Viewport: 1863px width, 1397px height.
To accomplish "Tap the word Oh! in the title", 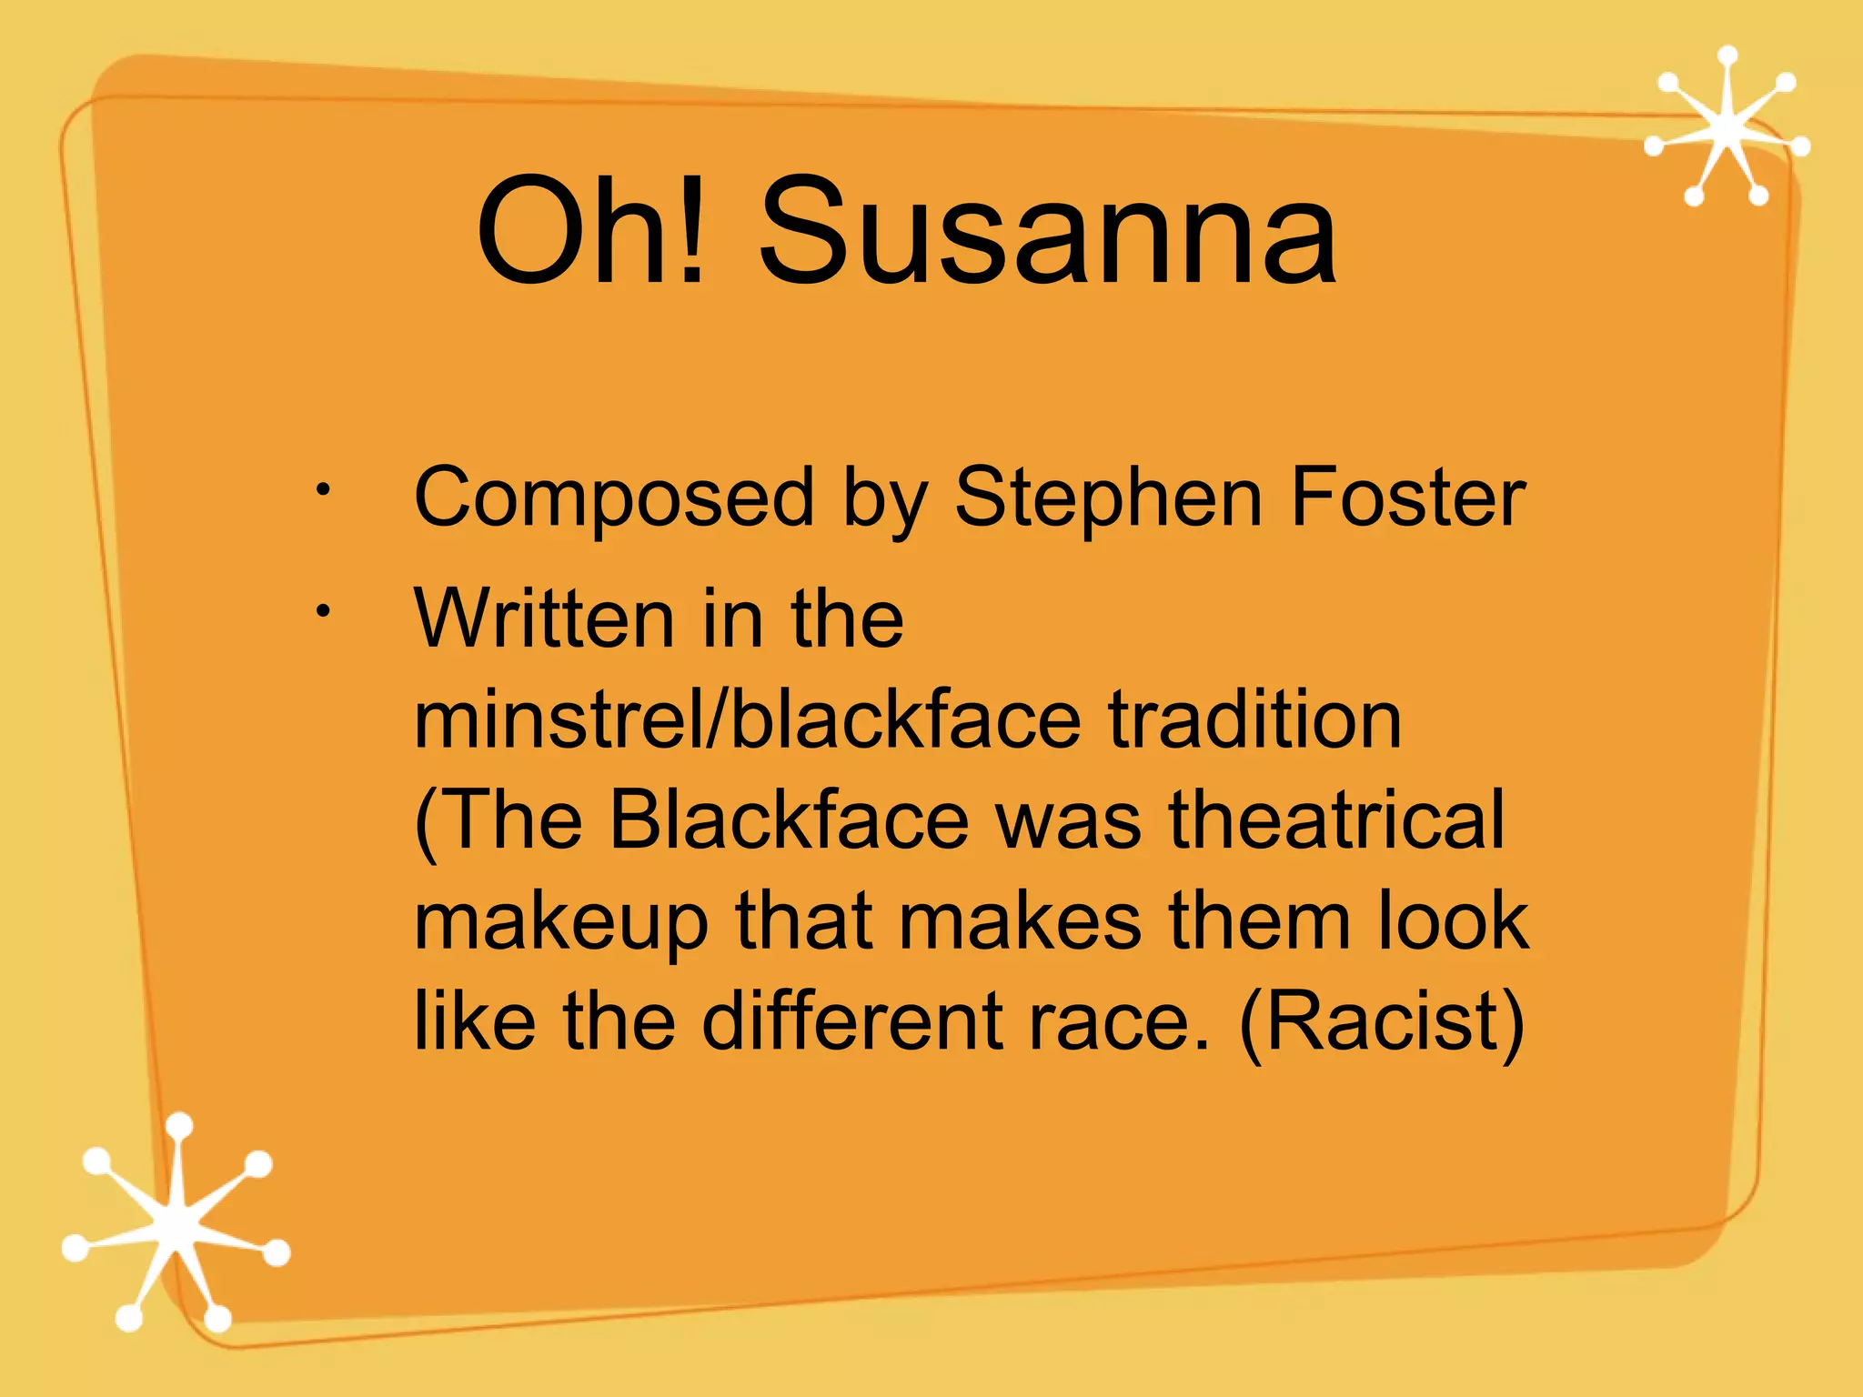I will click(x=591, y=232).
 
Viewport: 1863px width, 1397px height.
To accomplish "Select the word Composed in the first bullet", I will click(x=613, y=497).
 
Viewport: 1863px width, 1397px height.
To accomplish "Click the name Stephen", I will click(x=1107, y=497).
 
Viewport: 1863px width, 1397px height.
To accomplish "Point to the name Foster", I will click(x=1407, y=497).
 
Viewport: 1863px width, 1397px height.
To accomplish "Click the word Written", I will click(x=542, y=618).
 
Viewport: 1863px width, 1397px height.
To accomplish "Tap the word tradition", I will click(x=1255, y=719).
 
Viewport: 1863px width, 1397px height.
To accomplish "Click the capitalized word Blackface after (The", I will click(x=789, y=820).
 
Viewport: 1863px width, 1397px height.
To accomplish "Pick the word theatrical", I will click(x=1336, y=820).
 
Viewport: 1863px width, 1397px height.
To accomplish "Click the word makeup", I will click(x=560, y=921).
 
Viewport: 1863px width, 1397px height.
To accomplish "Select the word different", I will click(x=851, y=1021).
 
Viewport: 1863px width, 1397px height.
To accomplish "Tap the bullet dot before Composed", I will click(x=322, y=491).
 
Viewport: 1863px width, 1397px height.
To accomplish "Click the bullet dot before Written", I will click(x=322, y=612).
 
